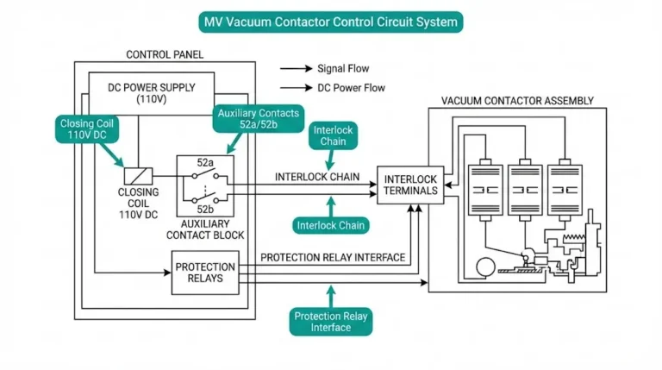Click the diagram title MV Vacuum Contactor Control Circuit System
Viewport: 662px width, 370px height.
point(330,21)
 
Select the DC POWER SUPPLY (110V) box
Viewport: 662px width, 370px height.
point(152,92)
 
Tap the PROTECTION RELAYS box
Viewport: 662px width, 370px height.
point(205,273)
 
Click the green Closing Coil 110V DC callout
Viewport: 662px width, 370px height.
point(86,129)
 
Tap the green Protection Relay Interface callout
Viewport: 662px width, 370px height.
point(331,322)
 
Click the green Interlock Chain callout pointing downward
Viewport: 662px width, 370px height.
point(332,136)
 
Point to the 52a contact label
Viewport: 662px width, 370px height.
point(205,162)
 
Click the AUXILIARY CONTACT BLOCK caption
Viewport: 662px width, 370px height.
point(205,229)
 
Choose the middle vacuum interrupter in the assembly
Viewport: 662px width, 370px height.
point(523,188)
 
